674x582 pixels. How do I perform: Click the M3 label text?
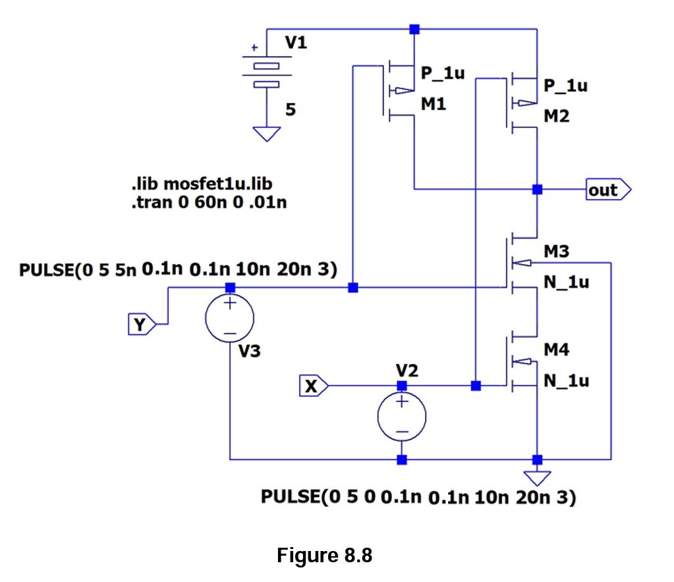point(557,251)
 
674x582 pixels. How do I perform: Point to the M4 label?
point(557,350)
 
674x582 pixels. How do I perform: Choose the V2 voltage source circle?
point(402,417)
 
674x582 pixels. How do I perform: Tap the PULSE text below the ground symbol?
point(418,497)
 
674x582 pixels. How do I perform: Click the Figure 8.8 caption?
point(324,555)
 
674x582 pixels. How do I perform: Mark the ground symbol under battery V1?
point(267,134)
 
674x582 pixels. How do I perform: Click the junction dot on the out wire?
point(538,190)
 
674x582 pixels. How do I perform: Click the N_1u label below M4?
point(566,381)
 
